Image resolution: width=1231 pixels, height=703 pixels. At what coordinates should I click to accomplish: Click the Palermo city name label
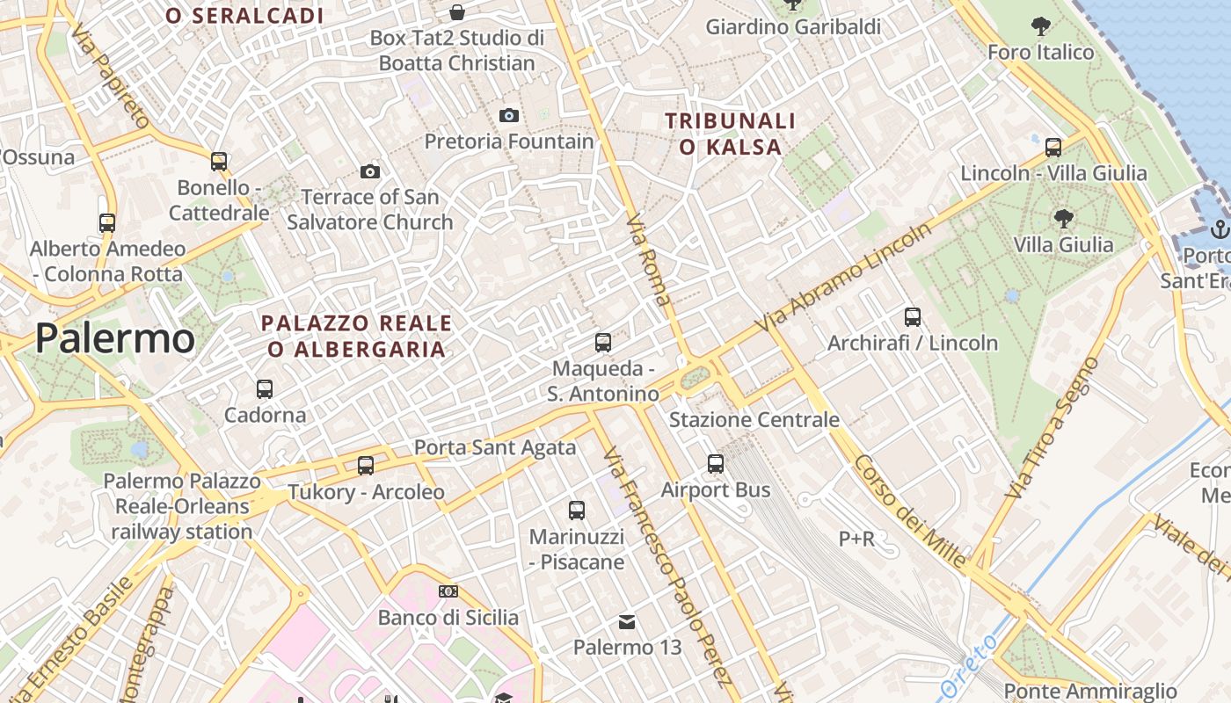point(115,339)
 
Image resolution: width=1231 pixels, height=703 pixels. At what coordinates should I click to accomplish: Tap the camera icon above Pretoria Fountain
point(508,115)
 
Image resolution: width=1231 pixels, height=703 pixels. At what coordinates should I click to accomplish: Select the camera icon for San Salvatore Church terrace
point(370,171)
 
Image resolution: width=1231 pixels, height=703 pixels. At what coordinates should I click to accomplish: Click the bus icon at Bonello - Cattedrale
point(219,162)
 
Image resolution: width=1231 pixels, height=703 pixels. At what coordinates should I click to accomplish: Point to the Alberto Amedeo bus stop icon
point(107,223)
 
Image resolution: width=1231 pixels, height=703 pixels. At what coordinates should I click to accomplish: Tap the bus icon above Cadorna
point(265,388)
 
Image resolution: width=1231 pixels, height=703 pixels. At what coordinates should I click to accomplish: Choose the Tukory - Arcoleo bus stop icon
point(366,466)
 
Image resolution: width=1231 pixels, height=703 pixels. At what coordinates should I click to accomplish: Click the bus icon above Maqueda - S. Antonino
point(603,342)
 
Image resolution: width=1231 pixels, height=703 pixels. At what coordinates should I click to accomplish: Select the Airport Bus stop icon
point(716,464)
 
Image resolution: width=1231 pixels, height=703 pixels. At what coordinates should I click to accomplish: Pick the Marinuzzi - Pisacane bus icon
point(577,510)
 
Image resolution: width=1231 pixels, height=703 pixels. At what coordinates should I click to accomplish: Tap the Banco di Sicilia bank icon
point(448,591)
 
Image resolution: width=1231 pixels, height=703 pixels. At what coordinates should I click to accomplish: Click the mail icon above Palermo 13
point(627,622)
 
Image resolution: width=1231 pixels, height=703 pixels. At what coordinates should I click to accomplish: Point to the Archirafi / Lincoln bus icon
point(913,316)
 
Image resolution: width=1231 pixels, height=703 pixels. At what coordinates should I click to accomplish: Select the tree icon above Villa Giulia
point(1064,218)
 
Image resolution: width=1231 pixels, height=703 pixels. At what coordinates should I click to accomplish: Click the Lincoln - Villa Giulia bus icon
point(1053,147)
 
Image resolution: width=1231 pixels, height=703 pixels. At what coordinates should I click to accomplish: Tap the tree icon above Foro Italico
point(1041,26)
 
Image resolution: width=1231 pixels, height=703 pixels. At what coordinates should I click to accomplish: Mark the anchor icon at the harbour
point(1219,230)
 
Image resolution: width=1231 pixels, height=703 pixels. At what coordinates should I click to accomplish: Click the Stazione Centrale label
point(754,419)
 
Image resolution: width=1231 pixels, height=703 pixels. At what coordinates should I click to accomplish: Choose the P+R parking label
point(856,539)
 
